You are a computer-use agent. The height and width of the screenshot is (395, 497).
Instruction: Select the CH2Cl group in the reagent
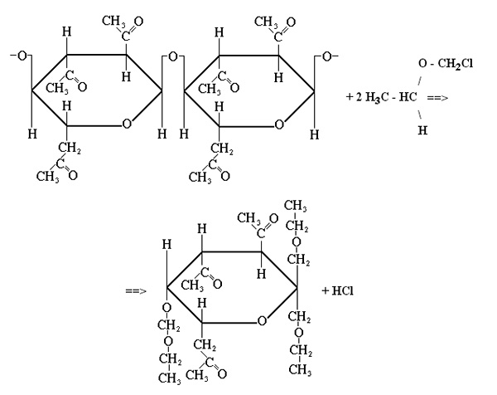pos(455,64)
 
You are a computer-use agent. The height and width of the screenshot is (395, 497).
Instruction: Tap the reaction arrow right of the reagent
pos(437,98)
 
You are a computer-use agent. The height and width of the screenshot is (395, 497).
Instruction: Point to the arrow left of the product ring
pos(136,290)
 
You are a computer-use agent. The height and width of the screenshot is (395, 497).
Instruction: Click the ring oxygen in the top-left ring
pos(127,124)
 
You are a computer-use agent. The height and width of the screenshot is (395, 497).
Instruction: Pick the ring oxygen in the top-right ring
pos(279,124)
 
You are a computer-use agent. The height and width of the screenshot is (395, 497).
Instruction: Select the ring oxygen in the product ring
pos(262,321)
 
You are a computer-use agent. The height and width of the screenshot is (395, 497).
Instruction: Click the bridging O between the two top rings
pos(173,56)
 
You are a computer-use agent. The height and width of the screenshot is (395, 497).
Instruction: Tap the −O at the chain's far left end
pos(19,56)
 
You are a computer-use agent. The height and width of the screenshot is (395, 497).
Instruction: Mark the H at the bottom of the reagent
pos(422,129)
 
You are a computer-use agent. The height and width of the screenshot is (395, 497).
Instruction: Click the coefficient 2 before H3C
pos(359,97)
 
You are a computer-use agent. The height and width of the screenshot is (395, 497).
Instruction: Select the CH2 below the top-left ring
pos(70,149)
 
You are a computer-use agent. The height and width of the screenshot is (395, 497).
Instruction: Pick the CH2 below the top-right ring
pos(222,149)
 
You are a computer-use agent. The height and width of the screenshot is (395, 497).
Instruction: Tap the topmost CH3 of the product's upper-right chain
pos(295,206)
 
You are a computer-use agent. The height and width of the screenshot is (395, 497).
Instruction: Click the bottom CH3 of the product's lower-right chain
pos(300,369)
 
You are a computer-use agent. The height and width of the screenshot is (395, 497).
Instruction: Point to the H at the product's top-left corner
pos(166,245)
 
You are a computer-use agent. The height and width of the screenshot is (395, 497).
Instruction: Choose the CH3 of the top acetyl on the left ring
pos(113,22)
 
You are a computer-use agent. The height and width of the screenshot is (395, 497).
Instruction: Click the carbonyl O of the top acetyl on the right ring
pos(291,22)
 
